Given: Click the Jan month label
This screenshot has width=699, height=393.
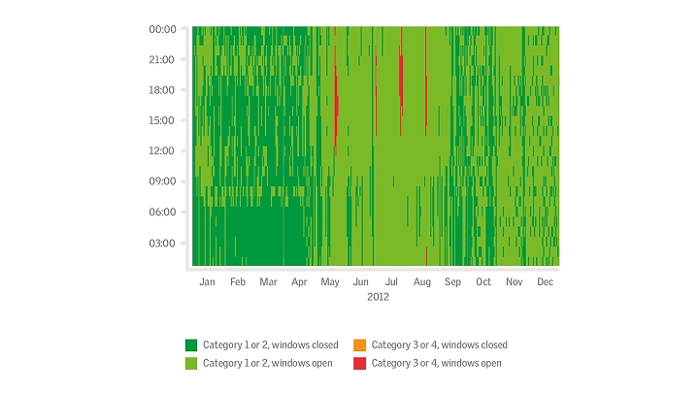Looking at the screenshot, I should (207, 281).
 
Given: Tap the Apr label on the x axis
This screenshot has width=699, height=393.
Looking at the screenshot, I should (299, 281).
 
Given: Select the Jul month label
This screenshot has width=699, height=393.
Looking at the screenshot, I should (392, 281).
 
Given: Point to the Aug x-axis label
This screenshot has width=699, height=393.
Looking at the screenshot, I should (422, 281).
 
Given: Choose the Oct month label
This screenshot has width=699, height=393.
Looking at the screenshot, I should (483, 281).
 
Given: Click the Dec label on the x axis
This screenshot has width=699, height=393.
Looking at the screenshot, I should (545, 281).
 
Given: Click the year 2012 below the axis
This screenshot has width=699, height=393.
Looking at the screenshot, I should (378, 297).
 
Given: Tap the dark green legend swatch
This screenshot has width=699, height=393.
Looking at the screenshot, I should (191, 344).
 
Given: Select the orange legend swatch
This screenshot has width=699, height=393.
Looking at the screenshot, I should (360, 344).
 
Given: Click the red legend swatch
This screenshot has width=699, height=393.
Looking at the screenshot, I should (360, 363).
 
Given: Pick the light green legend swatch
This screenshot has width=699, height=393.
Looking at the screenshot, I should (191, 363).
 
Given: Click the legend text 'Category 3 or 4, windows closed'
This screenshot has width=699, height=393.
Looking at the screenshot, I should (440, 344).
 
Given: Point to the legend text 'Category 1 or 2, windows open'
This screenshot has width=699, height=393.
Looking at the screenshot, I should (268, 363).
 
